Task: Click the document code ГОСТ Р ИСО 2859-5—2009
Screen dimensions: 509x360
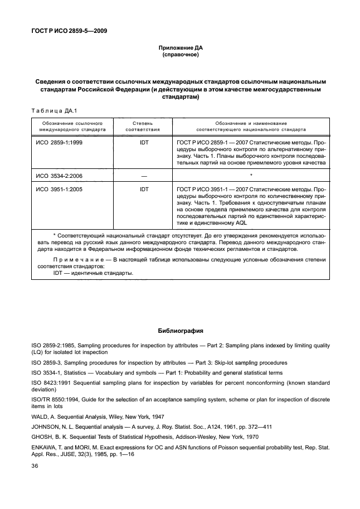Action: (x=69, y=31)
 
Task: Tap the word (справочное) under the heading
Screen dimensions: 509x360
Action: (x=180, y=55)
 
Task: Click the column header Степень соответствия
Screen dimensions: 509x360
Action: (x=143, y=125)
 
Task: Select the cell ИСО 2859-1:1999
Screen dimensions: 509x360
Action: (x=58, y=142)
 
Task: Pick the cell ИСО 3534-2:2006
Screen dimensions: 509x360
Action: (x=58, y=175)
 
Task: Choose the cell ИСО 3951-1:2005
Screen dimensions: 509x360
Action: (x=58, y=190)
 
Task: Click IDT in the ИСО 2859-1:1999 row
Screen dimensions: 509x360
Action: (x=144, y=142)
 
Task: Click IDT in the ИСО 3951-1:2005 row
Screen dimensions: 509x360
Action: (x=144, y=190)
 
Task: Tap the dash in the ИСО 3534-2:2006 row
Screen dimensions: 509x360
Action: (x=144, y=175)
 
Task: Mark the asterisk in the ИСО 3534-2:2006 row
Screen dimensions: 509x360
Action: (x=251, y=176)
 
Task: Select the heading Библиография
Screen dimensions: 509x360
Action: (x=180, y=330)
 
